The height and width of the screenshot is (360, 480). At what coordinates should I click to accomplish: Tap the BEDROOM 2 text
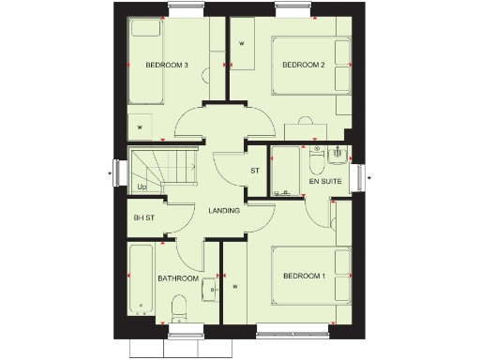[305, 65]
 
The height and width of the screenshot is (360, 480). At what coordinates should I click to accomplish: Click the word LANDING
[224, 210]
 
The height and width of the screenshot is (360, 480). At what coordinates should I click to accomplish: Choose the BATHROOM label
[177, 278]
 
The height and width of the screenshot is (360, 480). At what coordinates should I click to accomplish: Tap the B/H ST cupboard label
[143, 217]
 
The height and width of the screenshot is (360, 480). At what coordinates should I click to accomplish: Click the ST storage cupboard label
[254, 171]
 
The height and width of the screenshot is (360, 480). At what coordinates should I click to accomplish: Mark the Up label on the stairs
[142, 187]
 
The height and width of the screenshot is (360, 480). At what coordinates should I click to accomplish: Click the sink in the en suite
[339, 156]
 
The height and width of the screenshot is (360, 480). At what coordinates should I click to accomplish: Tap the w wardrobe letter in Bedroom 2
[242, 43]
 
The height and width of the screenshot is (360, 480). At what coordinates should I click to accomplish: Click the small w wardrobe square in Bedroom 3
[141, 126]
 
